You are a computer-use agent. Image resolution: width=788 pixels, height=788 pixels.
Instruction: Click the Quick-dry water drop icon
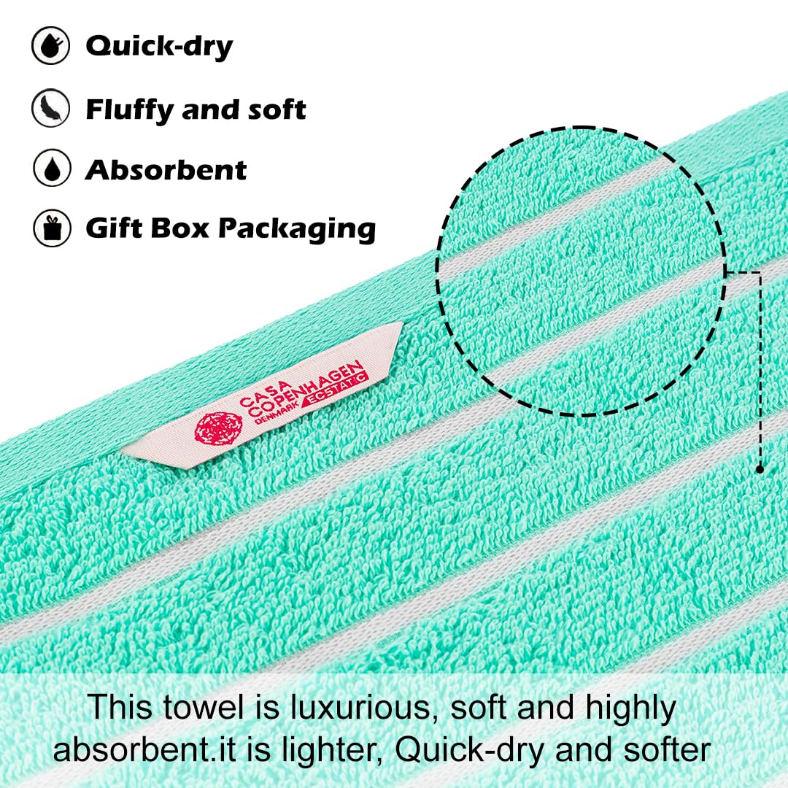50,46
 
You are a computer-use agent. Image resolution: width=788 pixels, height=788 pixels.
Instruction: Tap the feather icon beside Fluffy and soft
50,107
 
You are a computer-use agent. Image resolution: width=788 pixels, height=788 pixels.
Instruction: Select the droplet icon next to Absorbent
52,168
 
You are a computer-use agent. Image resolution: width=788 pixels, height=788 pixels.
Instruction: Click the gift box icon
52,228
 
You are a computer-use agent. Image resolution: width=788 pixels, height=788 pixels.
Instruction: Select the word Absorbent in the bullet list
166,169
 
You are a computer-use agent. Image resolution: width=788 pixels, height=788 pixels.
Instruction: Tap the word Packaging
297,230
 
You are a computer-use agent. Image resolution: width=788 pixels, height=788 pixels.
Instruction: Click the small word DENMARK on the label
279,411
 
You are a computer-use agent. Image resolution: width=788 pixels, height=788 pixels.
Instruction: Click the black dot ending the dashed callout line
760,469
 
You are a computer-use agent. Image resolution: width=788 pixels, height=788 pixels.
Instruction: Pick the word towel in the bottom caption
203,708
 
